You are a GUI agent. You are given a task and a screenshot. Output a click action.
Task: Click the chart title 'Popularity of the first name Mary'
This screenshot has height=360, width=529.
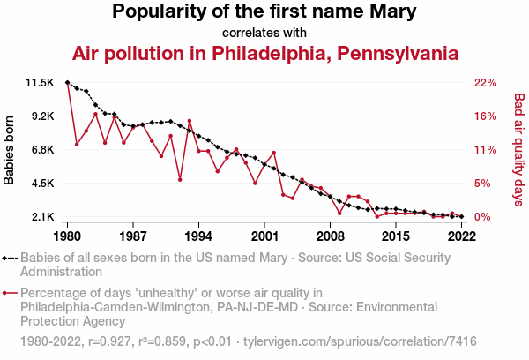click(x=264, y=12)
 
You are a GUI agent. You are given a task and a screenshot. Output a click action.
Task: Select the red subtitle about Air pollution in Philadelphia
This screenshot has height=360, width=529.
click(x=264, y=53)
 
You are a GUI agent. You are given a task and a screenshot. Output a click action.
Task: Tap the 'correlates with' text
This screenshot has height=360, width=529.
click(x=264, y=33)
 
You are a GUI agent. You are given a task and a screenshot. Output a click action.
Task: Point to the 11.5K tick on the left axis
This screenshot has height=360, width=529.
click(x=41, y=83)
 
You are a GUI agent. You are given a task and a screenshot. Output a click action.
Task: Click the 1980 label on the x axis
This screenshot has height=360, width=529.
click(x=68, y=236)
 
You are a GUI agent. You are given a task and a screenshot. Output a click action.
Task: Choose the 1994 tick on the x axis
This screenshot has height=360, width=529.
click(x=199, y=236)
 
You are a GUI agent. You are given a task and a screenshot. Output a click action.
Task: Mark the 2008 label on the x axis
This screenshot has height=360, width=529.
click(x=331, y=236)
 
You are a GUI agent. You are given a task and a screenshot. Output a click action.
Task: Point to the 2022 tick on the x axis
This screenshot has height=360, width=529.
click(x=462, y=236)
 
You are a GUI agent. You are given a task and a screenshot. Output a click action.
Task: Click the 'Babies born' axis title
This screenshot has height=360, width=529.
click(x=10, y=150)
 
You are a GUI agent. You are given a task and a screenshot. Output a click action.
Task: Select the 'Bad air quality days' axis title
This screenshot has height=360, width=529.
click(x=519, y=150)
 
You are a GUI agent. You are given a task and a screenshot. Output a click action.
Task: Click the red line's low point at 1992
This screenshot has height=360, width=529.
click(x=180, y=180)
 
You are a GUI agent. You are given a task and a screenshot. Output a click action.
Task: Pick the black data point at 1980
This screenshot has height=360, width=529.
click(x=68, y=82)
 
